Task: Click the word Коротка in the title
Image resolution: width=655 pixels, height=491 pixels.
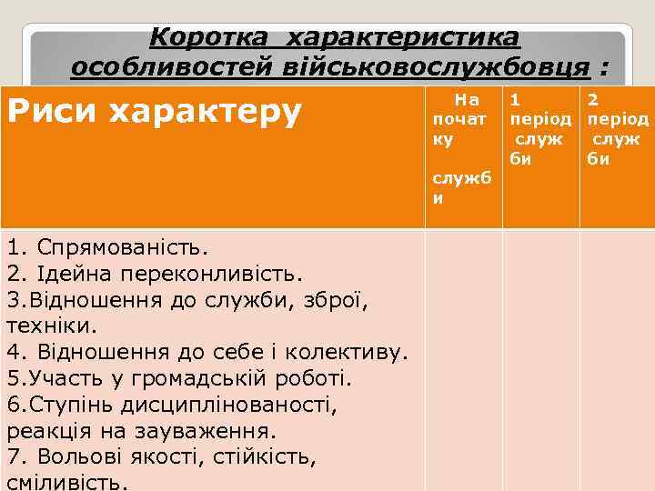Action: click(199, 38)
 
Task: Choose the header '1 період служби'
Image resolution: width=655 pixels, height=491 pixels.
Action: click(539, 128)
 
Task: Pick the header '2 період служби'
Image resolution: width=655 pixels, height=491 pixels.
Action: click(617, 128)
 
